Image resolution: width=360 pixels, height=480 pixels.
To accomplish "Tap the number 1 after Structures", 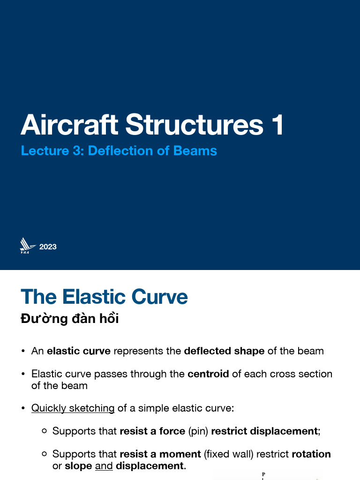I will (277, 125).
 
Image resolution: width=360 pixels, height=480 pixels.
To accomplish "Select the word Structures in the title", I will (194, 125).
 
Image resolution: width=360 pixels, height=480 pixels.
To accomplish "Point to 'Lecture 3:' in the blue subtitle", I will (52, 151).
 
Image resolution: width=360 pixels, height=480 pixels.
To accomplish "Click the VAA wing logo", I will (27, 246).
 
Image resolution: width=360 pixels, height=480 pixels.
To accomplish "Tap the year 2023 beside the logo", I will (48, 247).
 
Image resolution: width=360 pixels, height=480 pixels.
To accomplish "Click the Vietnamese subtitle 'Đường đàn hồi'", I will (69, 319).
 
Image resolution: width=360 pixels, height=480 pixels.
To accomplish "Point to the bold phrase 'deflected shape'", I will (224, 351).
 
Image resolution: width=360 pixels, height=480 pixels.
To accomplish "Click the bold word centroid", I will (208, 374).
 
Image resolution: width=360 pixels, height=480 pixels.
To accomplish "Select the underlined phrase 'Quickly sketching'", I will (73, 408).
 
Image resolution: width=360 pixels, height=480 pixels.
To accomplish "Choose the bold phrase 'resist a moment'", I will (160, 454).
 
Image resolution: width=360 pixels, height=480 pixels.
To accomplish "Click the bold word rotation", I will (311, 454).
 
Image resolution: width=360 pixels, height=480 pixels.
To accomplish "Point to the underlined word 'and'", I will (104, 466).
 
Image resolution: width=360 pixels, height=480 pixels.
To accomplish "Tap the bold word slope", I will (78, 466).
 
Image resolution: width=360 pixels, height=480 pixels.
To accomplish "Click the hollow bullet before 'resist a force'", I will (44, 431).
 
